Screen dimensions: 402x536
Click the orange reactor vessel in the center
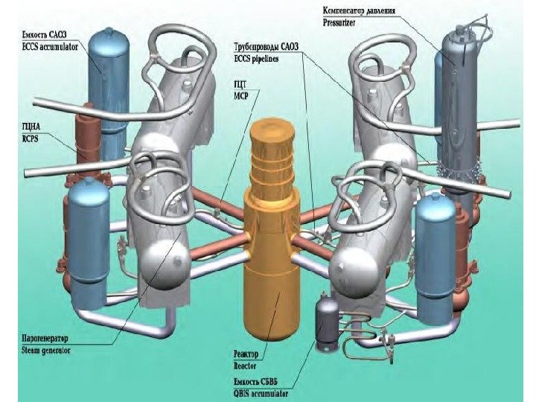tap(277, 298)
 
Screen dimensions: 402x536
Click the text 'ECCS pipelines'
tap(255, 57)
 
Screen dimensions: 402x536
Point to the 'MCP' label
tap(241, 95)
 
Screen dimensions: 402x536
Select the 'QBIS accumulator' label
tap(261, 392)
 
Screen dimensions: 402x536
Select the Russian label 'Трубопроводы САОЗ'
tap(264, 46)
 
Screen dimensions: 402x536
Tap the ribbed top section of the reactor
tap(275, 160)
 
